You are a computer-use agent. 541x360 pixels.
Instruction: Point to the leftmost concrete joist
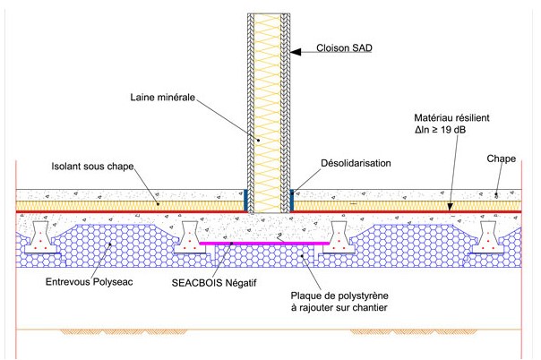[x=42, y=238]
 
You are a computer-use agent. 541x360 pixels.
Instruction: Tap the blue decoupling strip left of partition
[x=246, y=200]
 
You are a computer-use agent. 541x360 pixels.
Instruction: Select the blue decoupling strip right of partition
[x=289, y=200]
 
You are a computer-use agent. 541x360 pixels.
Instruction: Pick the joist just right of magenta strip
[x=341, y=238]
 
